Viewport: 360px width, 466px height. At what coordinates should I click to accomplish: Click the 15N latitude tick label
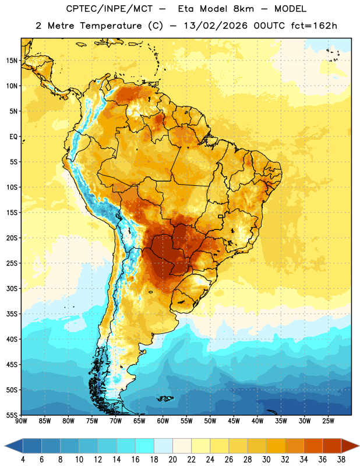coord(12,61)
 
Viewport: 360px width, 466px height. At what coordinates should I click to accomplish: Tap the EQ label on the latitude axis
coord(13,137)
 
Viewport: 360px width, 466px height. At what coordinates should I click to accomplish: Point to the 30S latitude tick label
coord(12,288)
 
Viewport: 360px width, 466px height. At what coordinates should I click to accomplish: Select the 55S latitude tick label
coord(12,415)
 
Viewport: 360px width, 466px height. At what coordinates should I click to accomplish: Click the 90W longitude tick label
coord(21,421)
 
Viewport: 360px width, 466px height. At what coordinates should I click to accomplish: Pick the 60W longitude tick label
coord(163,421)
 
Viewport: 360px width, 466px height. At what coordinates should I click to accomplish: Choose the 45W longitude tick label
coord(234,421)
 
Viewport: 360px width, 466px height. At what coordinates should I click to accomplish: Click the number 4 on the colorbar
coord(23,460)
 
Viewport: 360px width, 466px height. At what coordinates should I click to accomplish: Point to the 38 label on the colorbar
coord(341,460)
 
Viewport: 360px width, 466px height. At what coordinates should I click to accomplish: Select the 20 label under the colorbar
coord(172,460)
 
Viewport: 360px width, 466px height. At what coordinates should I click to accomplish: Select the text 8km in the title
coord(243,9)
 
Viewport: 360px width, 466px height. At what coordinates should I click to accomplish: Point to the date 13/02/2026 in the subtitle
coord(216,26)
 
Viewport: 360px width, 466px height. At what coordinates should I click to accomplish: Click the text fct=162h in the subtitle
coord(314,26)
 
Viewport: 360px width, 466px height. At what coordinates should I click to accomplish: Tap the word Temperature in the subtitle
coord(111,26)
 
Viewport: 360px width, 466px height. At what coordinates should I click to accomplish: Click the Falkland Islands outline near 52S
coord(165,398)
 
